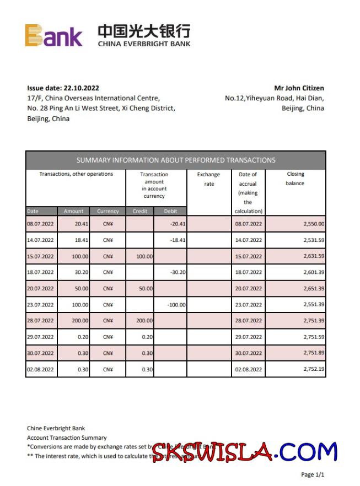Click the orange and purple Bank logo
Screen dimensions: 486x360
click(53, 36)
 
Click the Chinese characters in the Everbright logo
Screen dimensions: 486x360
click(144, 31)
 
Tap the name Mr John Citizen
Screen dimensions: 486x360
click(299, 88)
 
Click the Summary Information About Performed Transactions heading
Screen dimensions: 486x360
click(175, 160)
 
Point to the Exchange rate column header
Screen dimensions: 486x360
click(209, 179)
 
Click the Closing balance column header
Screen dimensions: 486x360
click(295, 179)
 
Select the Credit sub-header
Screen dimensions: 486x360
click(139, 211)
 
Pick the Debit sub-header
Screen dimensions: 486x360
click(170, 211)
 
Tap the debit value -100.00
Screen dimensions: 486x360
click(176, 305)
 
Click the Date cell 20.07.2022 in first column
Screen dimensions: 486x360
click(40, 289)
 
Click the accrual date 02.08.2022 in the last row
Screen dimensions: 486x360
click(248, 369)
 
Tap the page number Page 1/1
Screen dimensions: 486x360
click(313, 474)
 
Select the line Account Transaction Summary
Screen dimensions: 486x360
click(67, 438)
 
